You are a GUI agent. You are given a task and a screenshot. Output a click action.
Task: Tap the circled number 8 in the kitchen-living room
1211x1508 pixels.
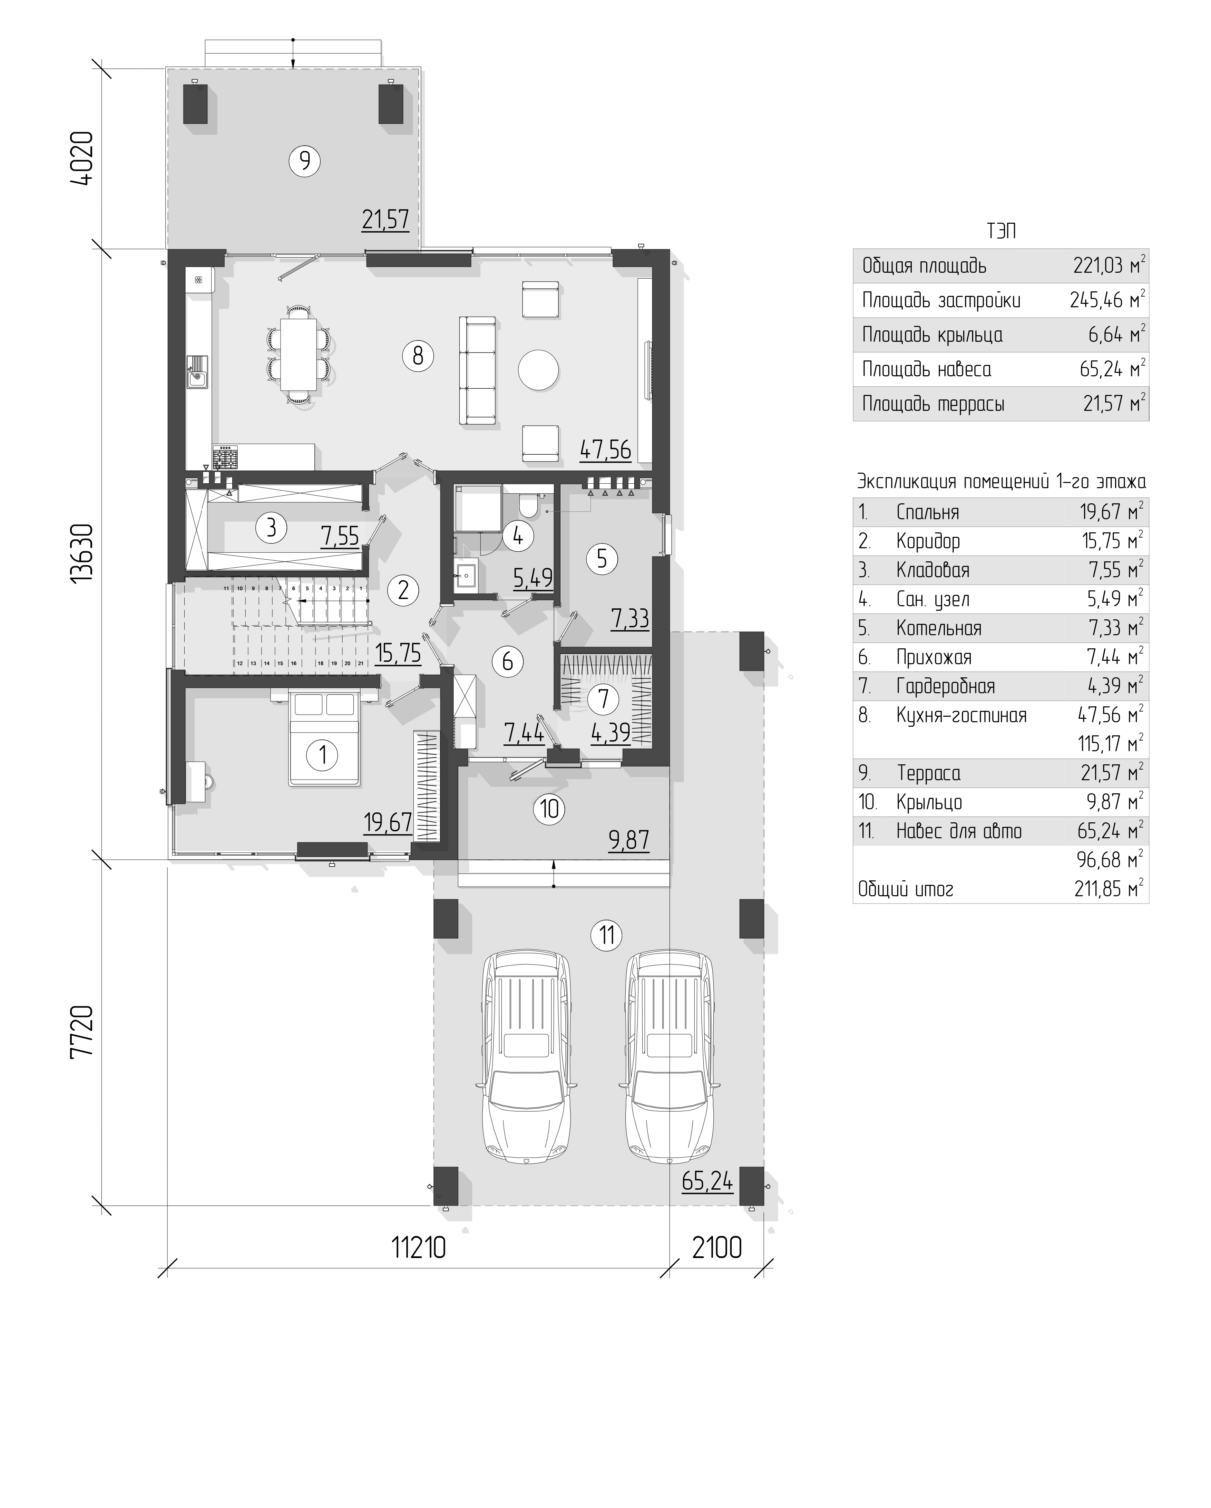coord(418,356)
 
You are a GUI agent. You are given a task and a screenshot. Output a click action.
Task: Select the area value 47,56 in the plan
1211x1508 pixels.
coord(605,450)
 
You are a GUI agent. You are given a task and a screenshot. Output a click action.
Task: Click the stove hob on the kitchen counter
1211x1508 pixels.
coord(225,457)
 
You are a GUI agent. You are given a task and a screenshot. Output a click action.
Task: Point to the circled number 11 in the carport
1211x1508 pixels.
coord(606,935)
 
